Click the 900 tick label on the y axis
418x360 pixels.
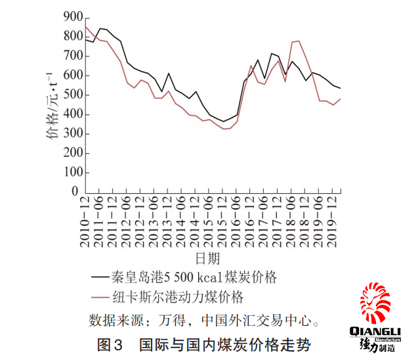[73, 17]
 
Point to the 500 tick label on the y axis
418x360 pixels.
[73, 95]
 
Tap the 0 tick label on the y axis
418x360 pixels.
[75, 191]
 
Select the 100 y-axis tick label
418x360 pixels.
[73, 172]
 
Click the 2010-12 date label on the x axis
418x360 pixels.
[85, 222]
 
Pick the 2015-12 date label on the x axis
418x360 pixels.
[222, 222]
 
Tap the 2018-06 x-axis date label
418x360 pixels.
[291, 222]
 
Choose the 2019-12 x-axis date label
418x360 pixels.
[332, 222]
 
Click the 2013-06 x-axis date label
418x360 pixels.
[154, 222]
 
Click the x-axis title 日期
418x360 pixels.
[207, 258]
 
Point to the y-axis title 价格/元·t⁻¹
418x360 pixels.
[52, 105]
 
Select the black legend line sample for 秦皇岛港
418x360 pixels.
[100, 277]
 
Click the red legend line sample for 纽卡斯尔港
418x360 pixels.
[100, 297]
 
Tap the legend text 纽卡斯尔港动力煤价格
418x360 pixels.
[178, 297]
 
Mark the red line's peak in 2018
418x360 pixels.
[299, 41]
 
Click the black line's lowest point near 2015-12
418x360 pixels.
[223, 122]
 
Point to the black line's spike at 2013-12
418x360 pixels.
[169, 73]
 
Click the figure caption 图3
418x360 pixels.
[110, 344]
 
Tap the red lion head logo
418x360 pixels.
[375, 303]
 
